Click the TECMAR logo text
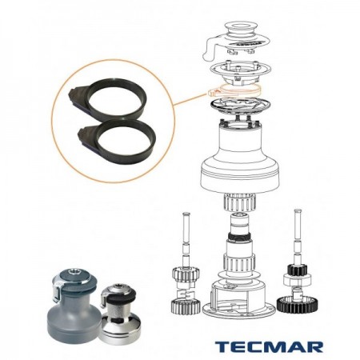point(269,347)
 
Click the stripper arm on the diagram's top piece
point(210,51)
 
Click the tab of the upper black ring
point(78,98)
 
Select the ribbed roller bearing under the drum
point(239,202)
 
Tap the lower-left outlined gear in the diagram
point(185,306)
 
